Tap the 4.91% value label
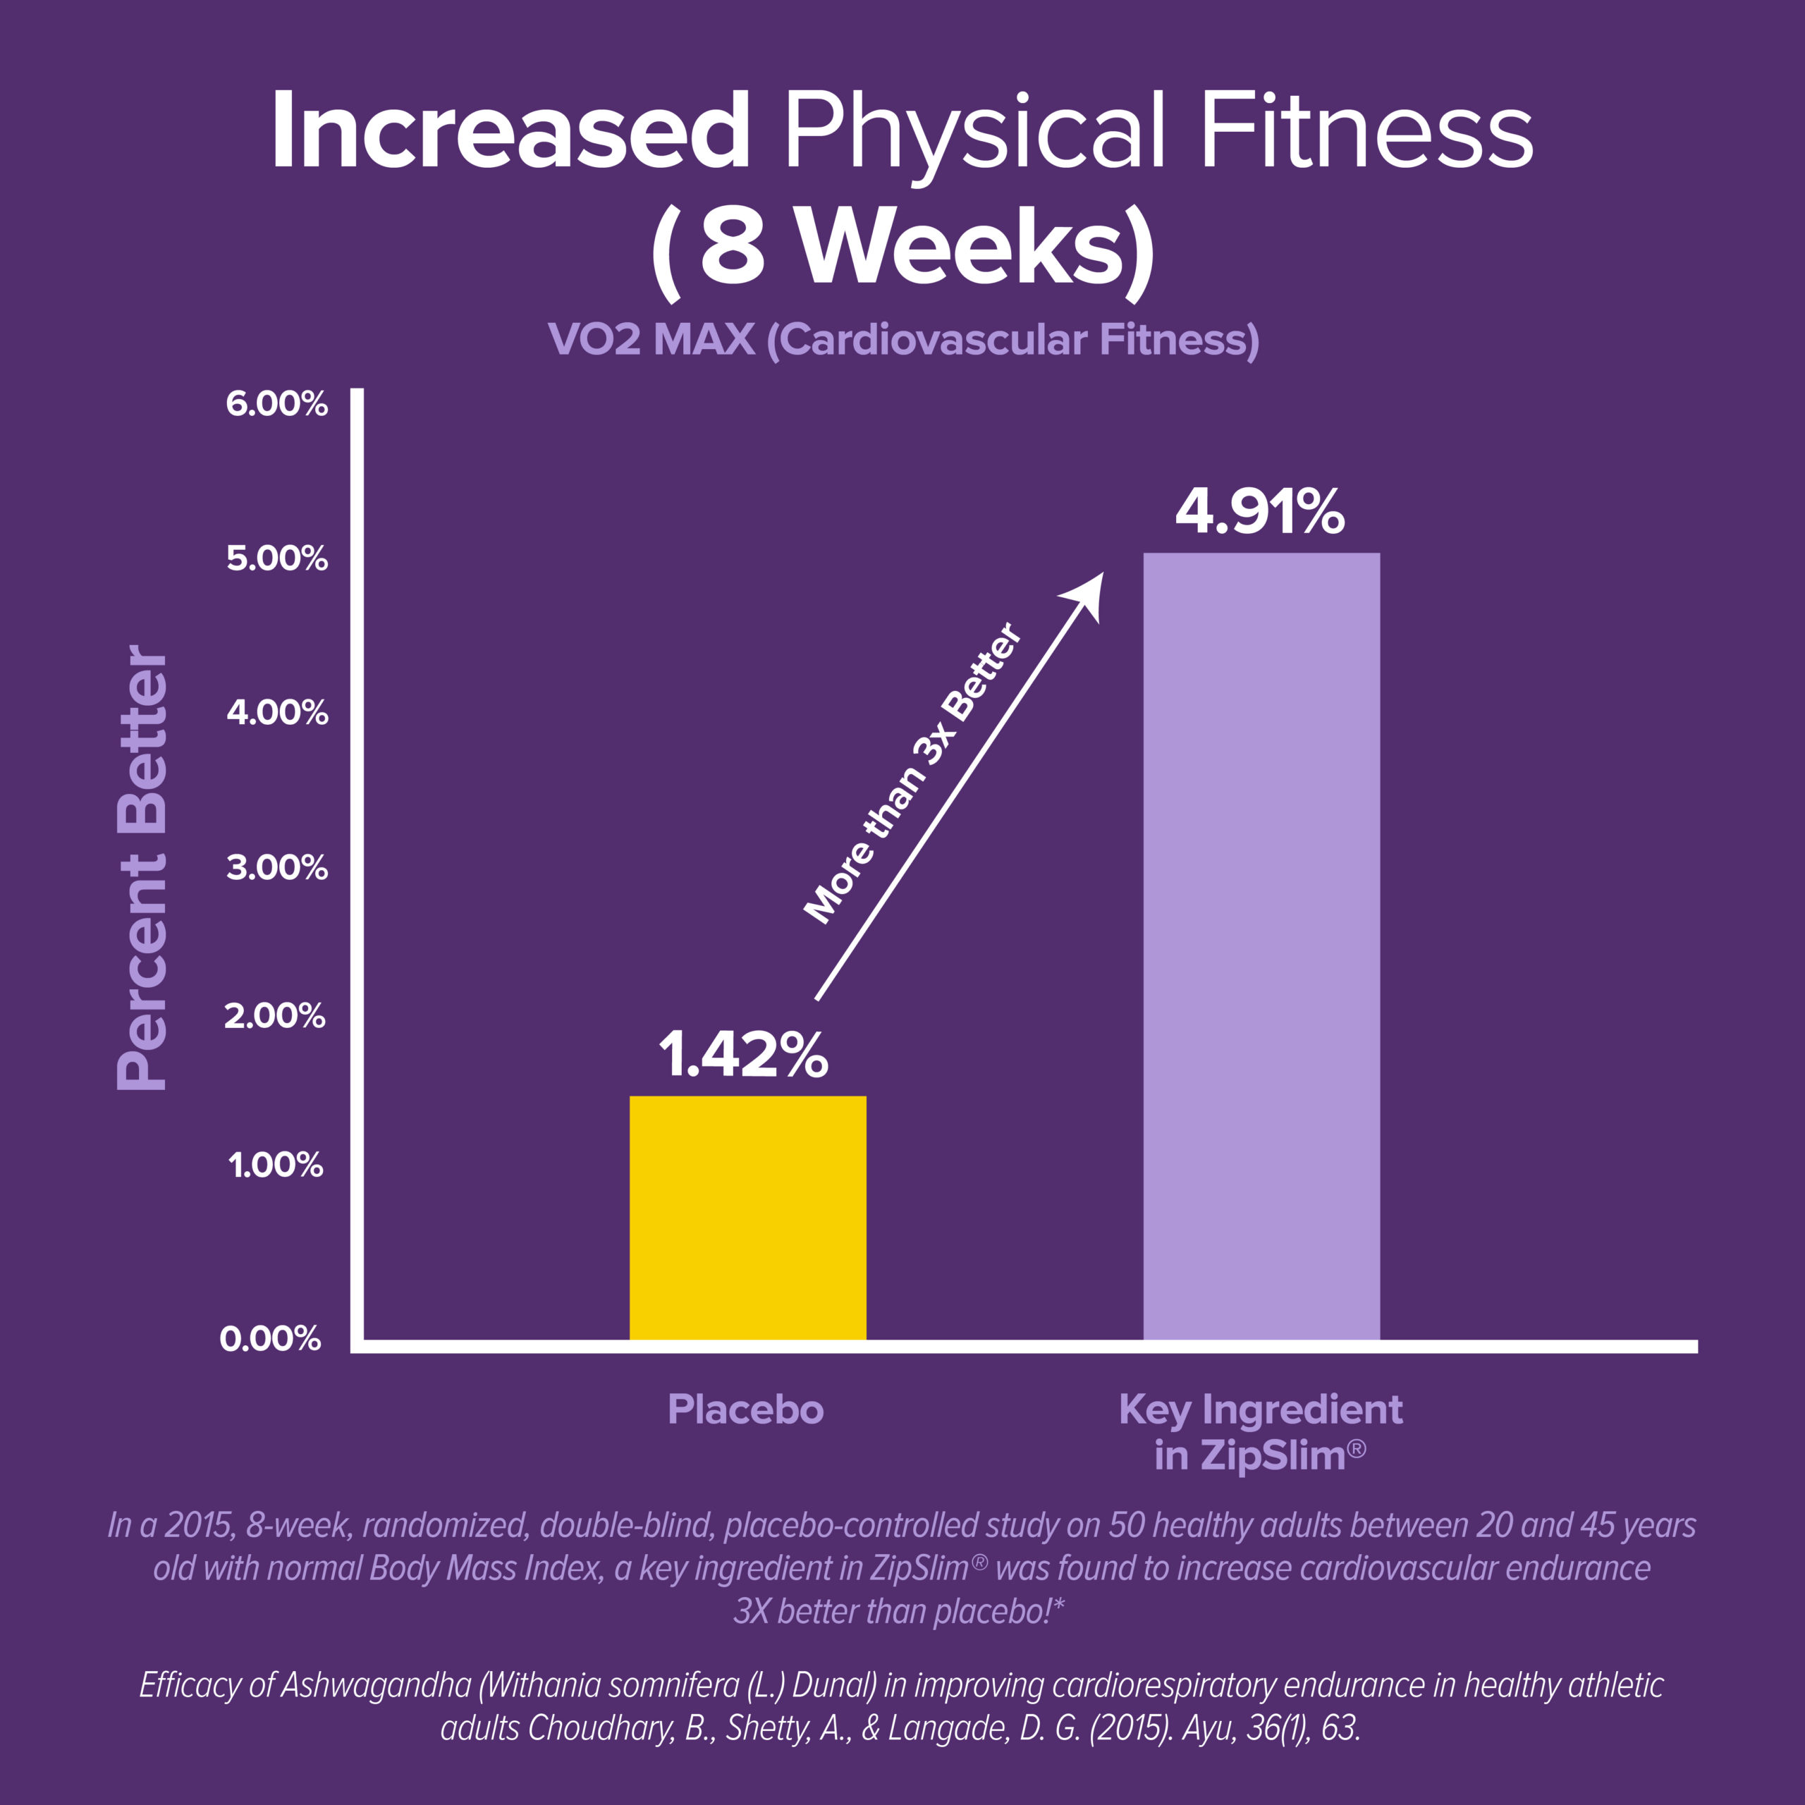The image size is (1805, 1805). pos(1259,513)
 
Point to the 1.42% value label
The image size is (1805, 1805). pos(744,1056)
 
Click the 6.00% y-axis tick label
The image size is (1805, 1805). pos(276,405)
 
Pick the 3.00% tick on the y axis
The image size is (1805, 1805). pos(276,868)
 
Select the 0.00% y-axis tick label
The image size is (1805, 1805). pos(270,1339)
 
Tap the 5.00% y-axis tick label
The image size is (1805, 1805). pos(276,558)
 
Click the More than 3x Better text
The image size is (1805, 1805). pos(913,774)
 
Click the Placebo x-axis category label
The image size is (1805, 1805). pos(745,1409)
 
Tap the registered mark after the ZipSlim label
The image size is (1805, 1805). pos(1357,1448)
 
